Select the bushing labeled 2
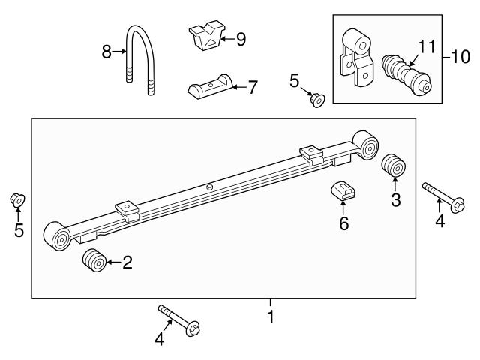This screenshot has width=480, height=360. pos(94,262)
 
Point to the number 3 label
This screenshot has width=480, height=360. pos(396,200)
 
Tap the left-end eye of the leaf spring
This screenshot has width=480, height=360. pos(57,236)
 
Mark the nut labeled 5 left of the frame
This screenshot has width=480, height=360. pos(17,200)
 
